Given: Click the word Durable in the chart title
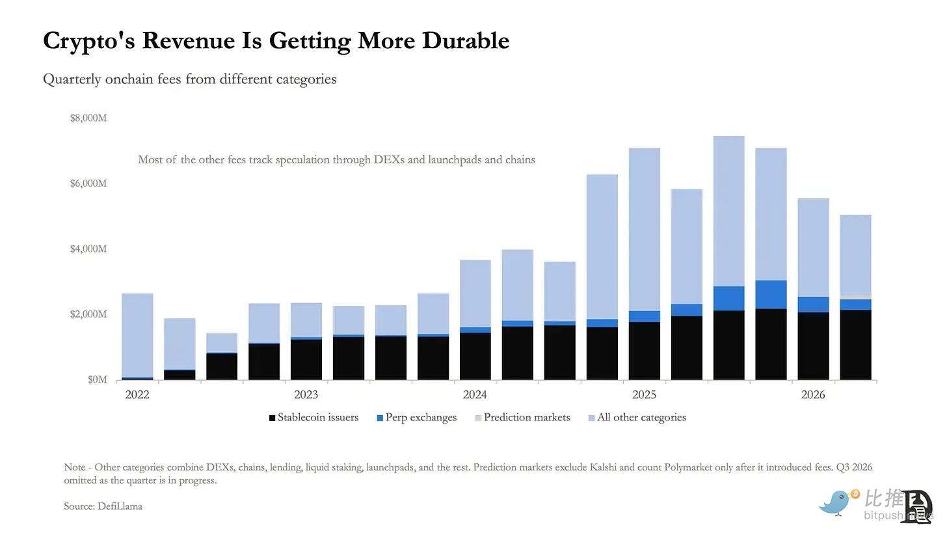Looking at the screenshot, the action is coord(466,40).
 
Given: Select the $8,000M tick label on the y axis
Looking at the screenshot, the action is coord(88,118).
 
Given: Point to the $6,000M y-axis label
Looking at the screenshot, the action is coord(88,184).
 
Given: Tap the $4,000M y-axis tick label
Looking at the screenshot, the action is coord(88,249).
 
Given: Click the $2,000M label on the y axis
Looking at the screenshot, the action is coord(88,314).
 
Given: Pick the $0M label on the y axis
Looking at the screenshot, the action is coord(98,380).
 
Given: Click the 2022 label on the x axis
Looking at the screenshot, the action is coord(137,394).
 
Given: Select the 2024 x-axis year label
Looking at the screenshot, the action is coord(475,394).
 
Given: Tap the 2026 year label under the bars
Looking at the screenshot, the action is coord(813,394).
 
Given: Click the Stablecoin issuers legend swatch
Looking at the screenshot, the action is coord(273,418).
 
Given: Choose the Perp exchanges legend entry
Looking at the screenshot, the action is coord(417,418).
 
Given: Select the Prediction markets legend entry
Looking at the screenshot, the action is coord(522,418).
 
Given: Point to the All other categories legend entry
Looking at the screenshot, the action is coord(637,418).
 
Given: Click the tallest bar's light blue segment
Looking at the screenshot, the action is coord(729,211).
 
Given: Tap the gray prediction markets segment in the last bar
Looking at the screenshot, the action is coord(856,297).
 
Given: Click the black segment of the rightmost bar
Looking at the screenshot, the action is coord(856,345).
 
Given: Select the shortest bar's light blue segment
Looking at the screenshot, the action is coord(222,343).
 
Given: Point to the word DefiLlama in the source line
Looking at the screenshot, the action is coord(120,506).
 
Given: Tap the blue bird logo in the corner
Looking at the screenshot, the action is coord(836,502).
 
